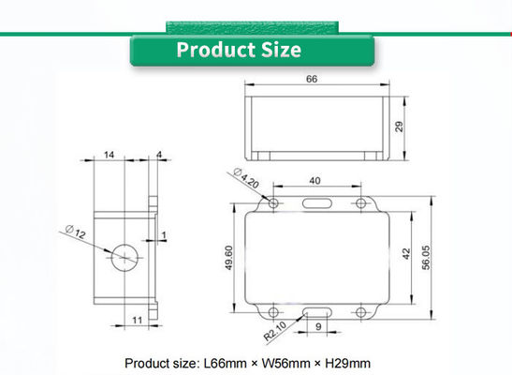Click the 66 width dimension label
click(x=312, y=79)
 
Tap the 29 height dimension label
click(x=399, y=127)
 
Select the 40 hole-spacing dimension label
click(x=315, y=181)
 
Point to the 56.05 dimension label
click(x=427, y=257)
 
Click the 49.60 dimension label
click(x=229, y=258)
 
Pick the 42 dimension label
click(x=406, y=254)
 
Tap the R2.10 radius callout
click(x=275, y=331)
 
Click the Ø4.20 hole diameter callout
click(x=246, y=178)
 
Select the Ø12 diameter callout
click(x=76, y=232)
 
